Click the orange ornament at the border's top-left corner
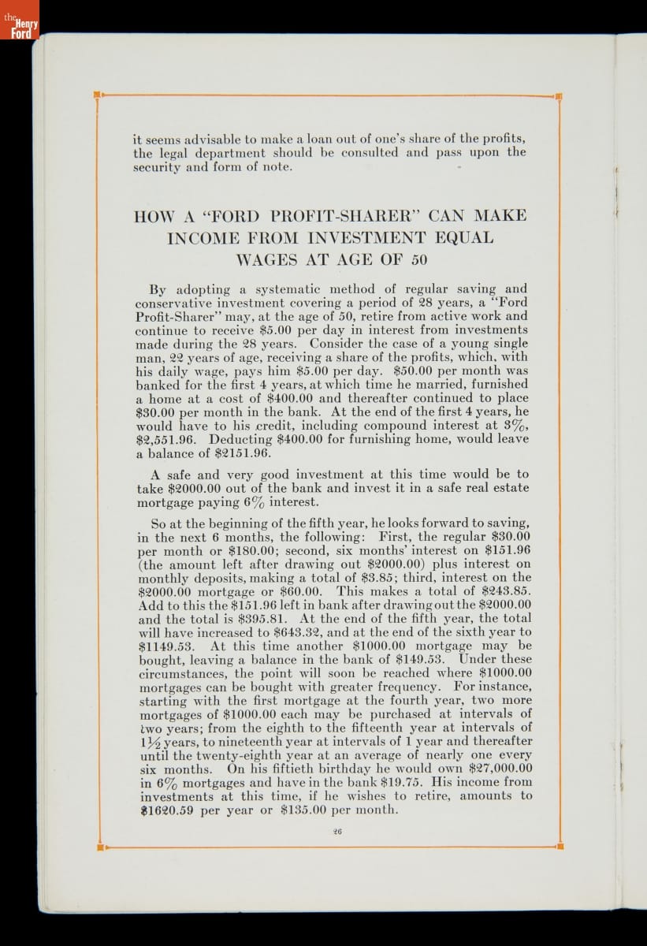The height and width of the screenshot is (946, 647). click(98, 95)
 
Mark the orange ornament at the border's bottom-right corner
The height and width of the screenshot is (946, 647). click(559, 847)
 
